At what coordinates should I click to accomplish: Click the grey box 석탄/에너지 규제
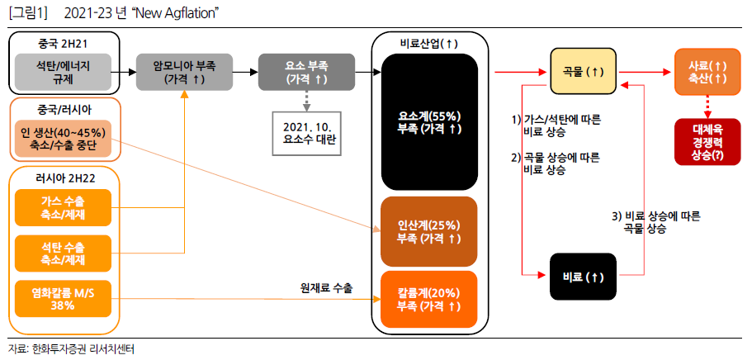pos(63,72)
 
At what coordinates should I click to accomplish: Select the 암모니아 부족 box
pos(185,72)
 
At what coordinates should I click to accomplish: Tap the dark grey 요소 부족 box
pos(307,72)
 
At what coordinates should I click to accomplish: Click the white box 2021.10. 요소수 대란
pos(307,134)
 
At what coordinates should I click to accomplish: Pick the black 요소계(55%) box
pos(429,122)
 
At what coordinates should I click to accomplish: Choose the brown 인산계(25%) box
pos(429,231)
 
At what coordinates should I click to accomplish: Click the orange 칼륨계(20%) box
pos(429,299)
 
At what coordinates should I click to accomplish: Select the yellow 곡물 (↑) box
pos(583,71)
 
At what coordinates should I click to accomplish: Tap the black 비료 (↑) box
pos(583,277)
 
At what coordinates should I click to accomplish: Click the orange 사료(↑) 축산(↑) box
pos(707,71)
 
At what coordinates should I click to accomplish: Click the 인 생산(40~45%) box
pos(63,138)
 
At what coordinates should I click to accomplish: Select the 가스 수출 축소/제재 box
pos(63,208)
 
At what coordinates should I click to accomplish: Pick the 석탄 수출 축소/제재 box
pos(63,254)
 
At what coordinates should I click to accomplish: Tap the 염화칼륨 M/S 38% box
pos(63,299)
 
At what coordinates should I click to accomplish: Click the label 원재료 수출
pos(326,288)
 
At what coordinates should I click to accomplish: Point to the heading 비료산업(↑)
pos(428,44)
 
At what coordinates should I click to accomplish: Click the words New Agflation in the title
pos(175,14)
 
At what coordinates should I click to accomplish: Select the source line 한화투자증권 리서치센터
pos(83,349)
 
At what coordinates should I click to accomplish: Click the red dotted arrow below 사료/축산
pos(707,107)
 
